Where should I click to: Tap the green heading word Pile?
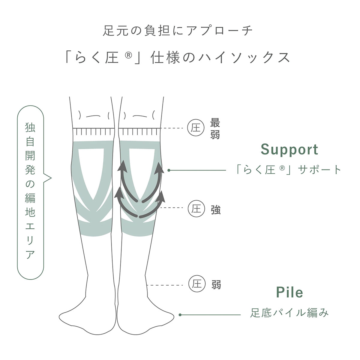tap(289, 292)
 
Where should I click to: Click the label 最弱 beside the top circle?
tap(215, 128)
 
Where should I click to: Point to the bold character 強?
tap(216, 210)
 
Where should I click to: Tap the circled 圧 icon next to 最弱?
tap(196, 128)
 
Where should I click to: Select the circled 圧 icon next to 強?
tap(196, 209)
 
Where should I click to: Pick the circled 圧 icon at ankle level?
tap(197, 284)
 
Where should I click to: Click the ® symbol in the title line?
tap(128, 55)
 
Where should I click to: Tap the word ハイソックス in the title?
tap(244, 58)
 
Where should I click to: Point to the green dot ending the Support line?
tap(169, 170)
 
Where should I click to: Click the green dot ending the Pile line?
tap(180, 315)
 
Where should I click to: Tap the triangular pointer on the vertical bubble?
tap(47, 178)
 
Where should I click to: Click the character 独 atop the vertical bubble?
tap(30, 127)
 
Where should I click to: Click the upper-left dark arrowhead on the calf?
tap(122, 166)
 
